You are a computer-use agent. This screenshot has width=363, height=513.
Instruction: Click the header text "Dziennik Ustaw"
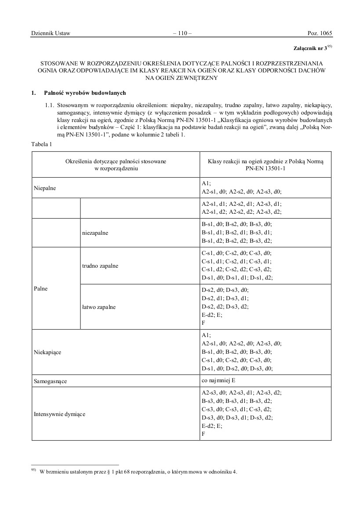tap(51, 33)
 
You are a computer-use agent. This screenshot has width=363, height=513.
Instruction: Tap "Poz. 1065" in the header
tap(319, 33)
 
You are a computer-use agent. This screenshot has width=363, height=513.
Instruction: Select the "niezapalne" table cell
tap(95, 233)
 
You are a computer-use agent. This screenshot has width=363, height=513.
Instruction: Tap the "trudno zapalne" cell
tap(100, 266)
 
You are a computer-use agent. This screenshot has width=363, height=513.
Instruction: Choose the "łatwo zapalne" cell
tap(98, 307)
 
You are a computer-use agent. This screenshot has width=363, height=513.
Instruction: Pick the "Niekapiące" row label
tap(47, 352)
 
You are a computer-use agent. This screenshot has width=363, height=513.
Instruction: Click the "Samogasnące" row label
tap(50, 381)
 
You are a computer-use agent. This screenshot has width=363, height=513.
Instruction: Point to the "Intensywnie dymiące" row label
tap(59, 414)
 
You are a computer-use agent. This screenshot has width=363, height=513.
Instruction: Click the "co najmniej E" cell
tap(218, 380)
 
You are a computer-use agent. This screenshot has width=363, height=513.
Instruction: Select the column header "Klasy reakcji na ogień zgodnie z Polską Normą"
tap(265, 161)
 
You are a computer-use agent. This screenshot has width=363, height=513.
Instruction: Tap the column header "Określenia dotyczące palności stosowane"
tap(116, 161)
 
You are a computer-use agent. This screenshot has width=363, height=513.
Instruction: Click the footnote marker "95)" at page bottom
tap(33, 471)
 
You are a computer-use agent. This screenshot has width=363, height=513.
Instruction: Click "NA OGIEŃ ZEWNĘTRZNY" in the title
tap(181, 78)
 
